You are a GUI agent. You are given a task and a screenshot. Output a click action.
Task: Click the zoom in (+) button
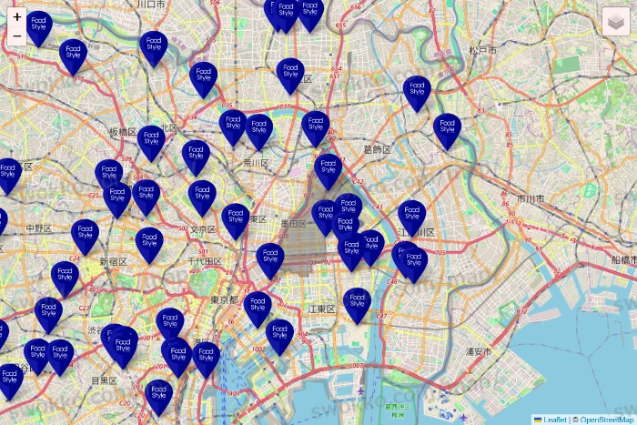coord(17,16)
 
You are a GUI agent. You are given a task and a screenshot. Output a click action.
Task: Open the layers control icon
coord(616,21)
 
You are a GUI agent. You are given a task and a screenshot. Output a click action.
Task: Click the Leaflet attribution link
coord(554,420)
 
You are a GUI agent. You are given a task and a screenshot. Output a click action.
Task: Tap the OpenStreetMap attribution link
coord(607,420)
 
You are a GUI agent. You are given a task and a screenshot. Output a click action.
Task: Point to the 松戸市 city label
coord(482,50)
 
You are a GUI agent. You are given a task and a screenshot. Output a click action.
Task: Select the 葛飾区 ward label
coord(377,149)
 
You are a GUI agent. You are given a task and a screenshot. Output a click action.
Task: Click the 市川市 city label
coord(530,197)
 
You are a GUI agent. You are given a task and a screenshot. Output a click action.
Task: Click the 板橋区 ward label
coord(123,132)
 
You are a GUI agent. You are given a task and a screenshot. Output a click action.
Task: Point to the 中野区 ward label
coord(39,228)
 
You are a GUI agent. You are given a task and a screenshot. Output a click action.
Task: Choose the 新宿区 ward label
coord(114,261)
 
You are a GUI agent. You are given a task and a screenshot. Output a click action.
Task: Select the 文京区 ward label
coord(205,229)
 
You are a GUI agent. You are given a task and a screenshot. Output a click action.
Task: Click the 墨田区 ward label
coord(294,222)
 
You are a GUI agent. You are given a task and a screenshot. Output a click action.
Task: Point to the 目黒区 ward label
coord(103,380)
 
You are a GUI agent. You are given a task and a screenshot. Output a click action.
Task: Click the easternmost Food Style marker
coord(447,130)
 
